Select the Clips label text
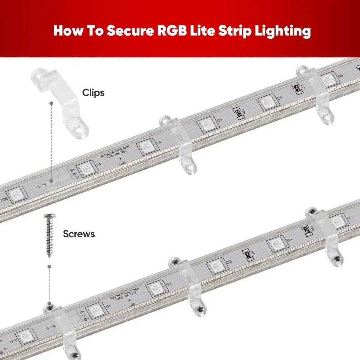(93, 93)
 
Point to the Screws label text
(79, 234)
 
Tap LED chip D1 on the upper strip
(86, 169)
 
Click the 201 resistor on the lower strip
(248, 254)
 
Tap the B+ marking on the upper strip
(73, 170)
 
